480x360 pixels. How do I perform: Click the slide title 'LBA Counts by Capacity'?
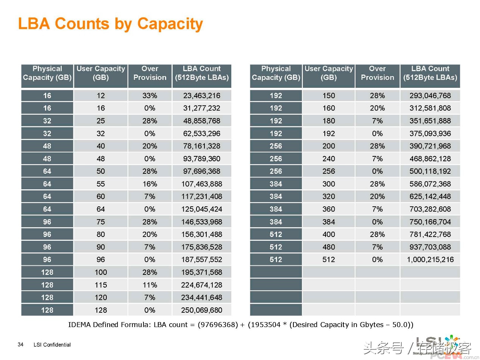110,24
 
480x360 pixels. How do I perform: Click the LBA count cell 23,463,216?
201,96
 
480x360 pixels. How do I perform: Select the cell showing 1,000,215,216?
430,260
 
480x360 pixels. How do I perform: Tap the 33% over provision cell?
150,96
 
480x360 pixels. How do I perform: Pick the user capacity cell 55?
100,184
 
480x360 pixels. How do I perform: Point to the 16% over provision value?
150,184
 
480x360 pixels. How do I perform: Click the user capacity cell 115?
100,285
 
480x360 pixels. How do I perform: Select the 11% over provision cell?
150,285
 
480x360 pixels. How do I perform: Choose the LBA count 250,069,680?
201,310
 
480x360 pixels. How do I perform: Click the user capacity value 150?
329,96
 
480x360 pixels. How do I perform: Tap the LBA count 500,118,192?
430,171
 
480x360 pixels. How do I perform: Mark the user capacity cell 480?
329,247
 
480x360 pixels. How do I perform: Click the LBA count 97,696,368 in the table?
201,171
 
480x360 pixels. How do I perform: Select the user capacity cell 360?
329,209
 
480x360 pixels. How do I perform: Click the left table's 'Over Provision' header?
150,73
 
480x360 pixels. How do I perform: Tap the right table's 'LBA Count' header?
430,73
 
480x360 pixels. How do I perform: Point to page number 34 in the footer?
20,344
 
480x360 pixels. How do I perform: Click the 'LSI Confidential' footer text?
52,344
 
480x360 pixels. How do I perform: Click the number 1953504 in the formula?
265,325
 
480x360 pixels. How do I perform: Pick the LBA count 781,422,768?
430,234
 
